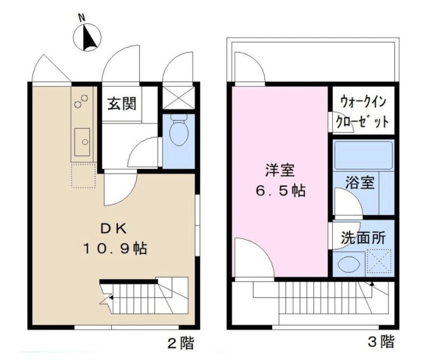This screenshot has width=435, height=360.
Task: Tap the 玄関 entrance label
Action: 122,103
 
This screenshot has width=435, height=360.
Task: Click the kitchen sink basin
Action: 82,142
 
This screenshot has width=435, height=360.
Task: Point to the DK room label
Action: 114,229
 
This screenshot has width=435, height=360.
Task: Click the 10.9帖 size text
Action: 115,248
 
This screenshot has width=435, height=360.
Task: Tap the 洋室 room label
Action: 280,170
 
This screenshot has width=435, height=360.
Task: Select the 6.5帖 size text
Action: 281,191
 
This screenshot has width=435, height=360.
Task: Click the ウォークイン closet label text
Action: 363,101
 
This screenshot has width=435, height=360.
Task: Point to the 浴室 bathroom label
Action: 360,183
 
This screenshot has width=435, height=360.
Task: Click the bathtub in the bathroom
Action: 363,155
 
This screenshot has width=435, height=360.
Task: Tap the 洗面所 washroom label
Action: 363,238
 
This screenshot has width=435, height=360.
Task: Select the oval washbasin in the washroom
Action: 349,264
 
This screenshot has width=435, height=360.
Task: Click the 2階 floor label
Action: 181,343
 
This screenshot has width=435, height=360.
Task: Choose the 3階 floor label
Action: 381,341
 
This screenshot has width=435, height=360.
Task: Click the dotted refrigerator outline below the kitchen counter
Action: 84,176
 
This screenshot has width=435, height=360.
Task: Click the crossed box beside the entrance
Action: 178,98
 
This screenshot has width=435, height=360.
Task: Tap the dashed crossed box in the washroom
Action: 379,262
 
